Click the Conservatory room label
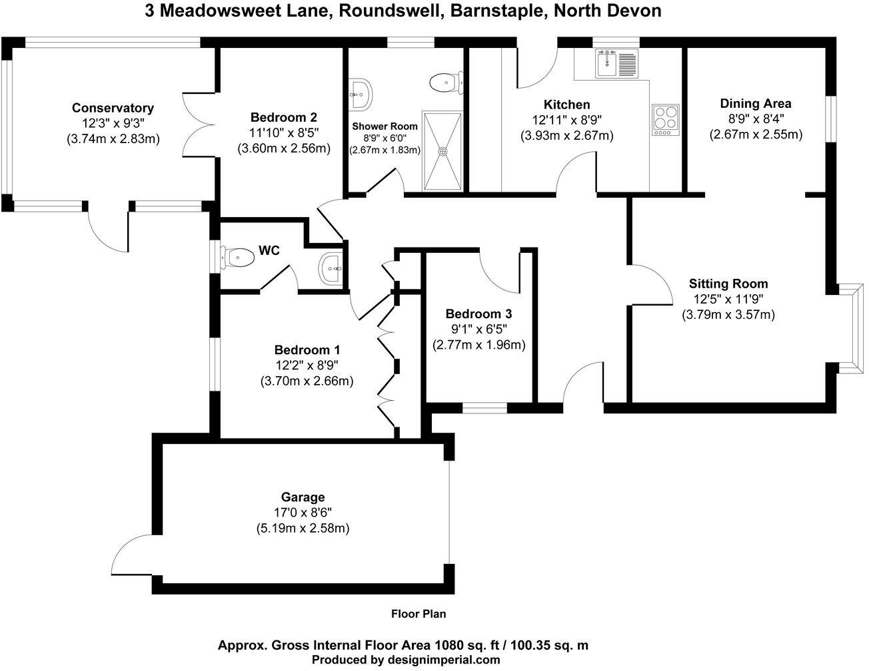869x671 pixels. [113, 108]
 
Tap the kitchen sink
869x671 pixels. [608, 65]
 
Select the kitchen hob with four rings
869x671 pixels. [665, 120]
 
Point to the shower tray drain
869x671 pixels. [441, 150]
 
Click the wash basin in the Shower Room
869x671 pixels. [361, 95]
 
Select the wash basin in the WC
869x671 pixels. [331, 268]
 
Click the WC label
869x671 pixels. [269, 251]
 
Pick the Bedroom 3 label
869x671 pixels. [478, 314]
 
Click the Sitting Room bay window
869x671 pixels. [848, 326]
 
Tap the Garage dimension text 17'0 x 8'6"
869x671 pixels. [303, 513]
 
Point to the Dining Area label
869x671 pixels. [755, 103]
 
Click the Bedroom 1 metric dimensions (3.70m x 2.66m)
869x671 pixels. [307, 381]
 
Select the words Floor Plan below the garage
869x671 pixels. [418, 614]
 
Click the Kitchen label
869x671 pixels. [566, 105]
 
